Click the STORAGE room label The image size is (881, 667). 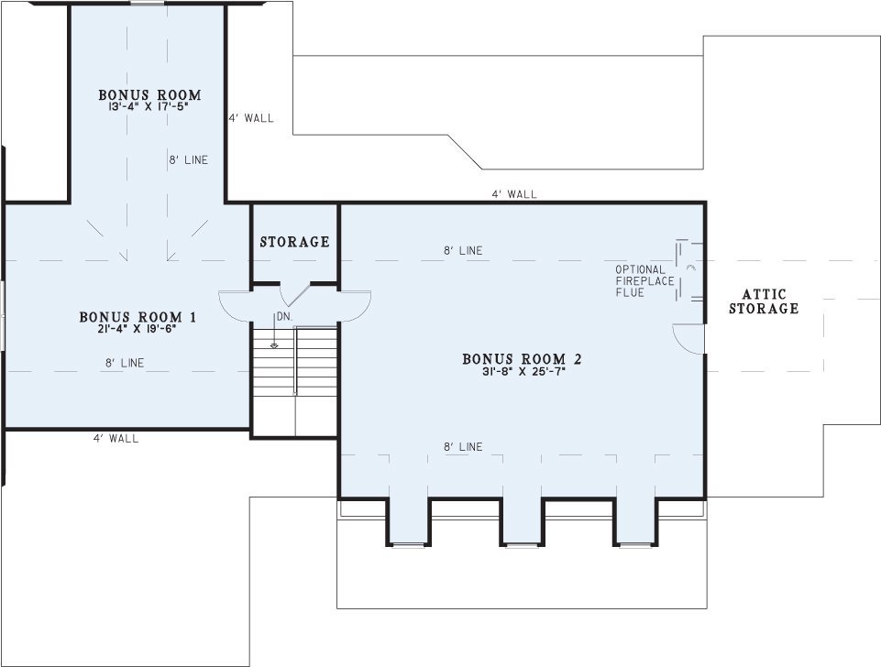[294, 242]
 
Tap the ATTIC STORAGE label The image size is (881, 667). [764, 301]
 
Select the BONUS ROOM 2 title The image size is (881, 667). [522, 359]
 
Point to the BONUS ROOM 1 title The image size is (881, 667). [138, 317]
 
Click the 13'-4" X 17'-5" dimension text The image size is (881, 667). [149, 105]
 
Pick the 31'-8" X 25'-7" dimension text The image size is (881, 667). [523, 370]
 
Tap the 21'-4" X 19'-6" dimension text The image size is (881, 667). [138, 329]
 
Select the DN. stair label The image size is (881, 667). [285, 317]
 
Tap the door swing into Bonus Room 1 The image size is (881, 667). [234, 306]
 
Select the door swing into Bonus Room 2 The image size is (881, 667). [356, 306]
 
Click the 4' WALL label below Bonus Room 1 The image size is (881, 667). [116, 439]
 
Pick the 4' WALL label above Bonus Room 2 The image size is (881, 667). [514, 194]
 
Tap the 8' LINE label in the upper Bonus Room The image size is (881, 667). [189, 160]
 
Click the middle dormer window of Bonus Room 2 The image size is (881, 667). [522, 544]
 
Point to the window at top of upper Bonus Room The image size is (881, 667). [148, 3]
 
